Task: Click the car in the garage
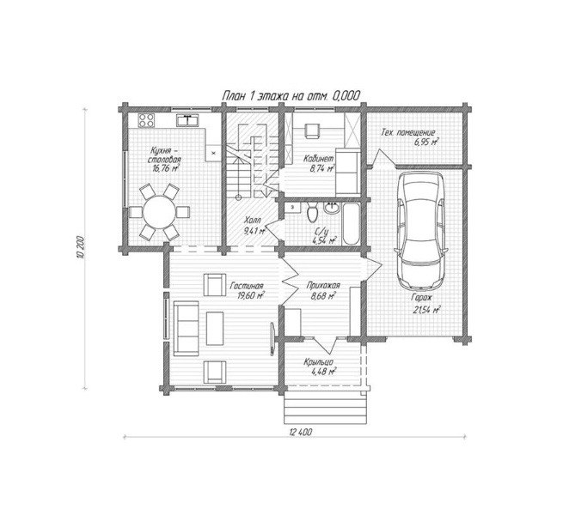421,231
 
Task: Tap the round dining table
159,212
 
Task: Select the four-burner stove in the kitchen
146,120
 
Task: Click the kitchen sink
187,120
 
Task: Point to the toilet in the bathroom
313,212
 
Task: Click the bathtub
351,224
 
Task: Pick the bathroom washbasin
332,209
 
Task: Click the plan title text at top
291,95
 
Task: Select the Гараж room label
422,297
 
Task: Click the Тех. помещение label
408,133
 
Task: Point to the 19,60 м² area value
251,295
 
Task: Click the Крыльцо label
319,362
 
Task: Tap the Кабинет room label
319,159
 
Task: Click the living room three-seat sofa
186,328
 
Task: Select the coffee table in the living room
215,329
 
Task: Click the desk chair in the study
312,131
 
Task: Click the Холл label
253,220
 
